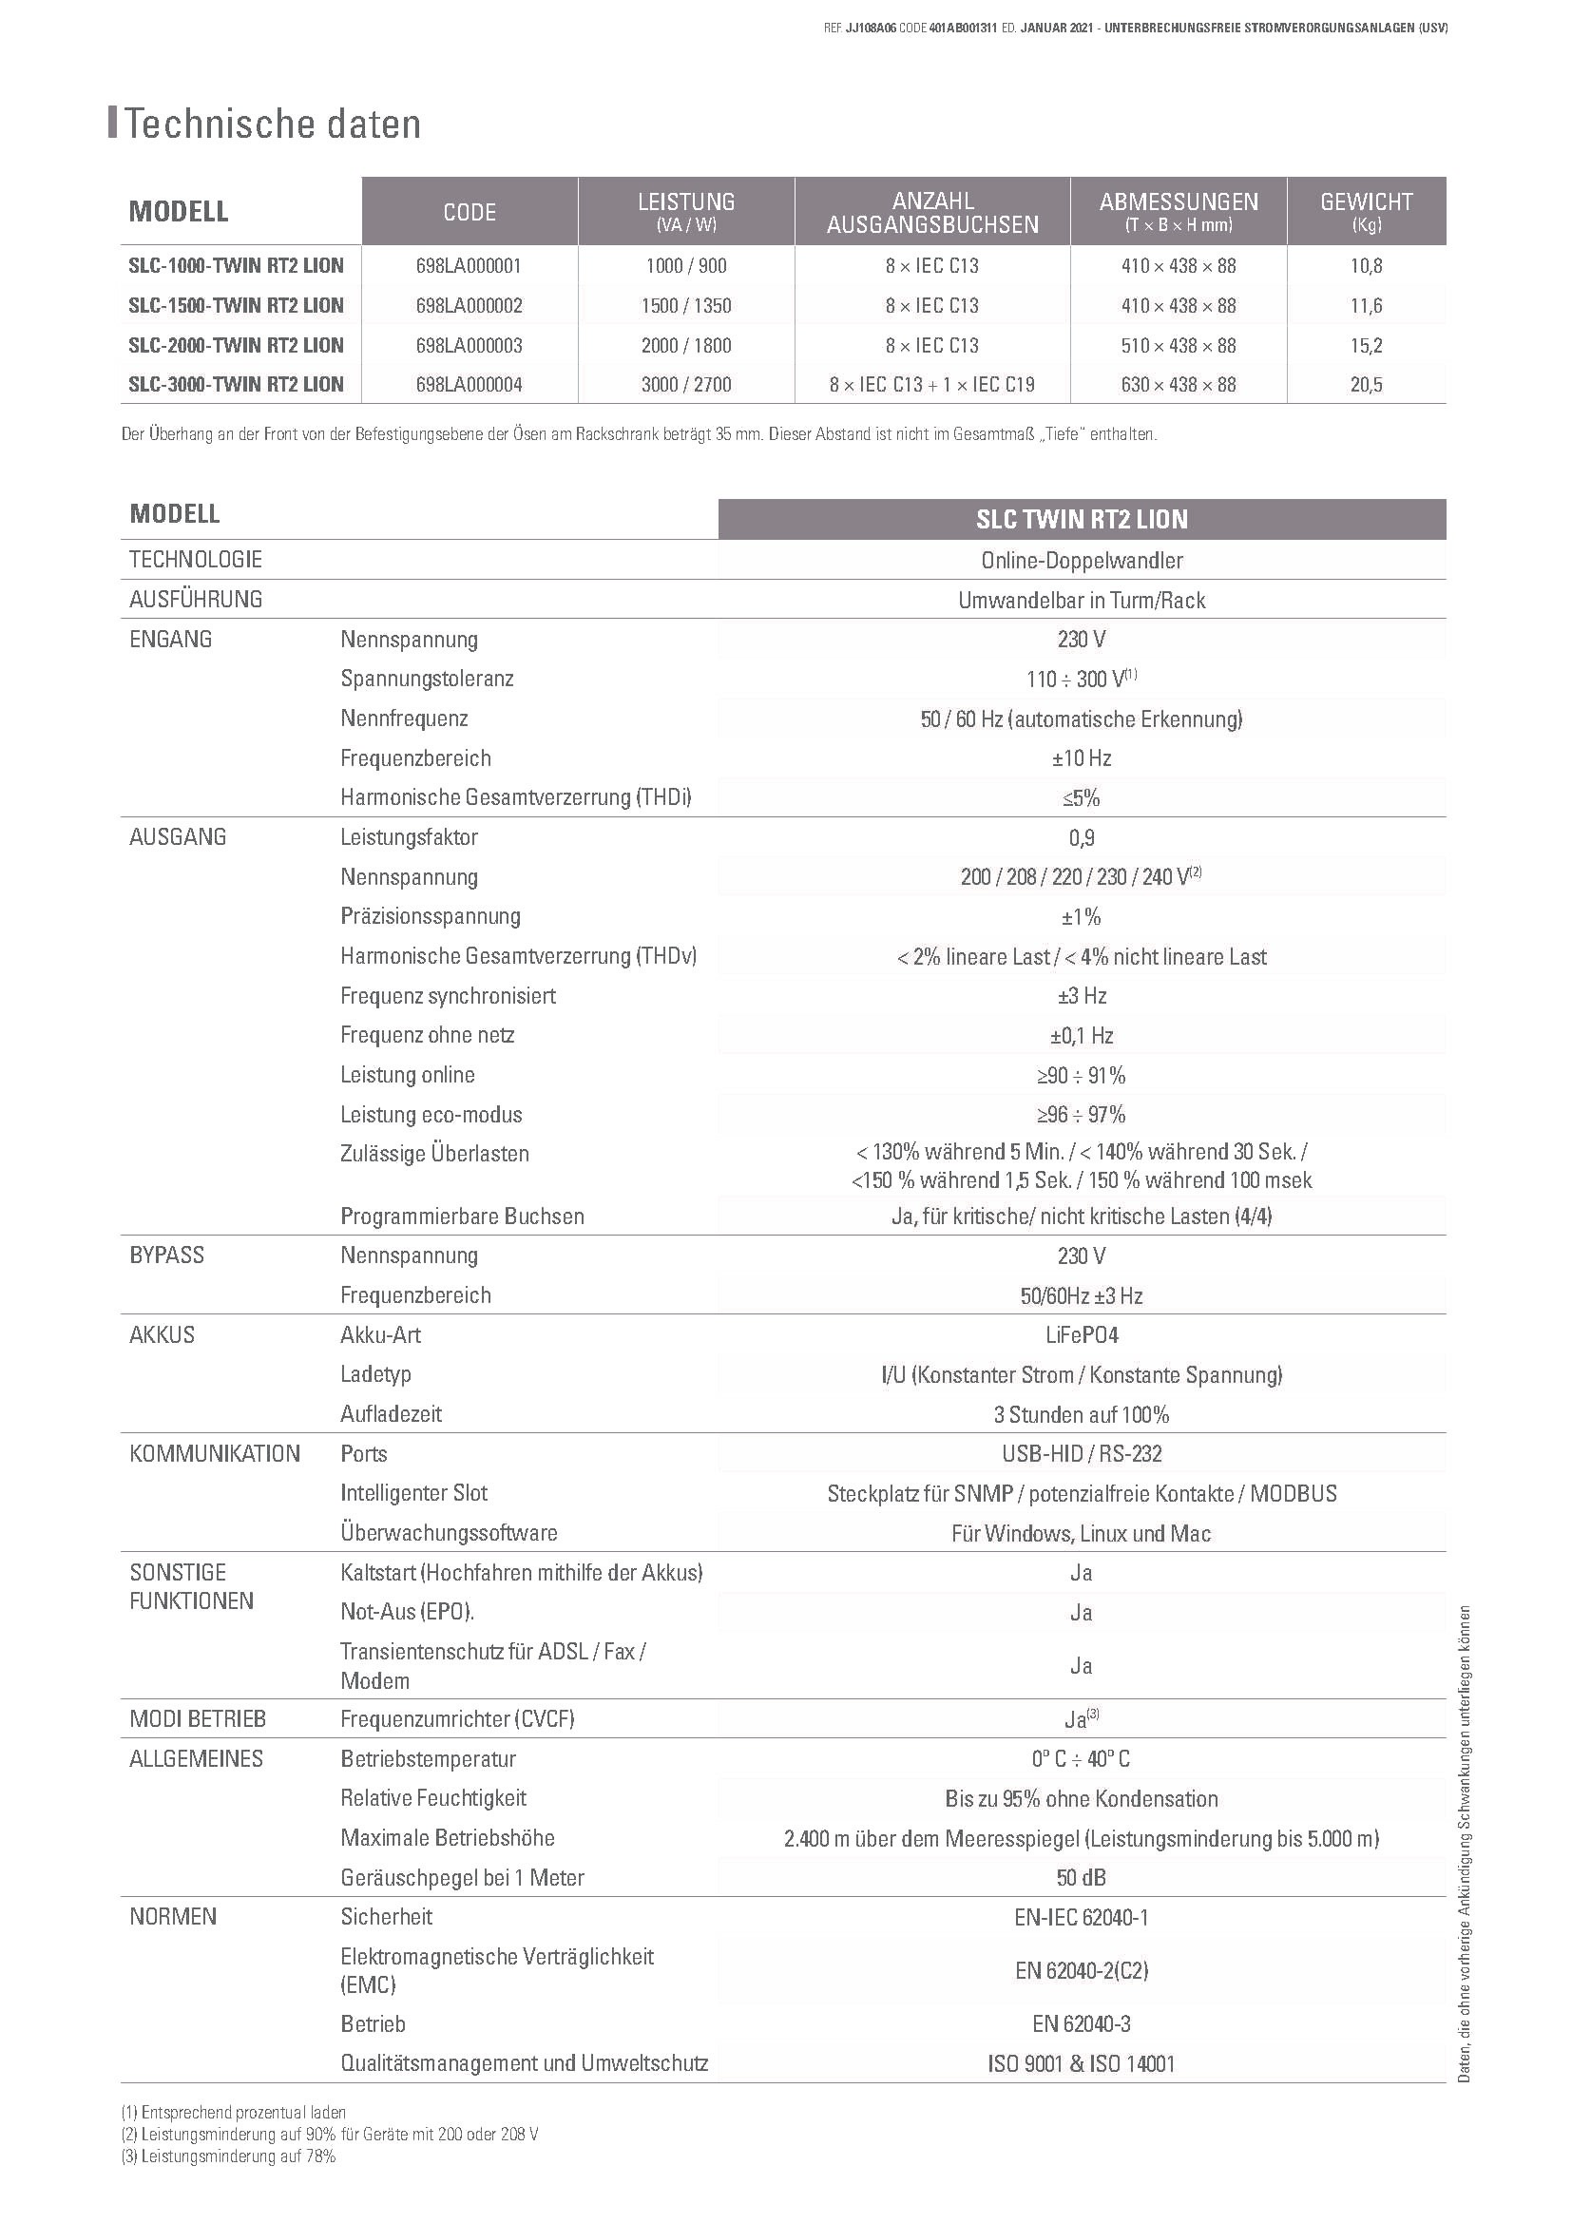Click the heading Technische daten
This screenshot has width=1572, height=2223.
(x=272, y=125)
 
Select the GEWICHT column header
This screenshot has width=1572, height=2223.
(x=1366, y=210)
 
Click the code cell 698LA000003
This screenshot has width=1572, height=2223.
(x=470, y=346)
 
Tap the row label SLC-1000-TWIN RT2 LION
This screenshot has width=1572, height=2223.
(x=237, y=266)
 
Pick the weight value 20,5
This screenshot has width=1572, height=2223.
(x=1366, y=385)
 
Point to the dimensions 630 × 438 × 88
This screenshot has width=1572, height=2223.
(x=1178, y=385)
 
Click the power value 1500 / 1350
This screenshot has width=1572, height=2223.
(x=685, y=306)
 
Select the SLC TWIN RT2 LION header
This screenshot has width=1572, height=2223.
(x=1082, y=520)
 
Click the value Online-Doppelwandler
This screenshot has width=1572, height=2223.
(x=1082, y=561)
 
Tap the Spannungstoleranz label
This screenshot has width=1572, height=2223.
(x=427, y=679)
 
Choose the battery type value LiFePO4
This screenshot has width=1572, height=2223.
(x=1082, y=1335)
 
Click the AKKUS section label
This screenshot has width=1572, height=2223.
(x=163, y=1335)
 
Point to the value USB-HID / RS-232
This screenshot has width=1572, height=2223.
(x=1082, y=1454)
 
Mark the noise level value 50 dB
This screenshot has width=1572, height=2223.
(x=1082, y=1878)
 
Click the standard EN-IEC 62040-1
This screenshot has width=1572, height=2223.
(x=1082, y=1918)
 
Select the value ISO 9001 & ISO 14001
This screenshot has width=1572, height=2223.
(x=1082, y=2064)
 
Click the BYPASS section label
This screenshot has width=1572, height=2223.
(x=167, y=1255)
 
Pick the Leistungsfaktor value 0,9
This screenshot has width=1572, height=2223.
(x=1082, y=837)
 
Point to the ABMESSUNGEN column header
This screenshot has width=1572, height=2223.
(x=1178, y=210)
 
